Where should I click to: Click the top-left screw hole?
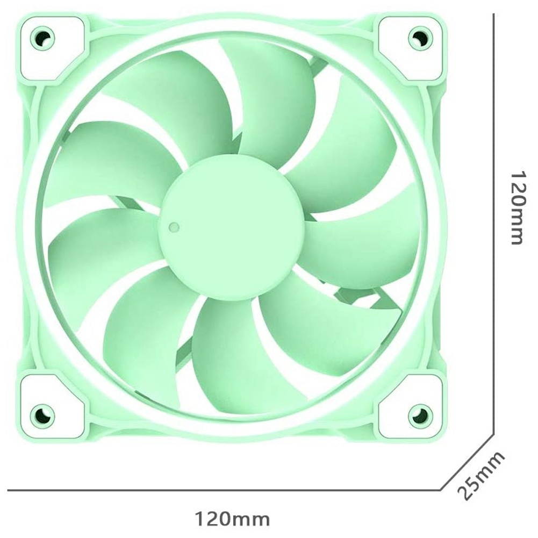click(x=42, y=38)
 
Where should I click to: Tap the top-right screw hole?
click(x=420, y=38)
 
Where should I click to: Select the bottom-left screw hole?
click(x=42, y=414)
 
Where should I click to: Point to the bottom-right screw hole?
click(x=420, y=414)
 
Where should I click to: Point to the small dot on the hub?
click(x=174, y=227)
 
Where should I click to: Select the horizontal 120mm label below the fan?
click(x=232, y=519)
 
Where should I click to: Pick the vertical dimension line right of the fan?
click(x=493, y=215)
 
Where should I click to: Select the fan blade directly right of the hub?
click(x=365, y=242)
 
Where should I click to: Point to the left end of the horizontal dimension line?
click(x=9, y=490)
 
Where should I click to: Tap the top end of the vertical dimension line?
click(x=493, y=15)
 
